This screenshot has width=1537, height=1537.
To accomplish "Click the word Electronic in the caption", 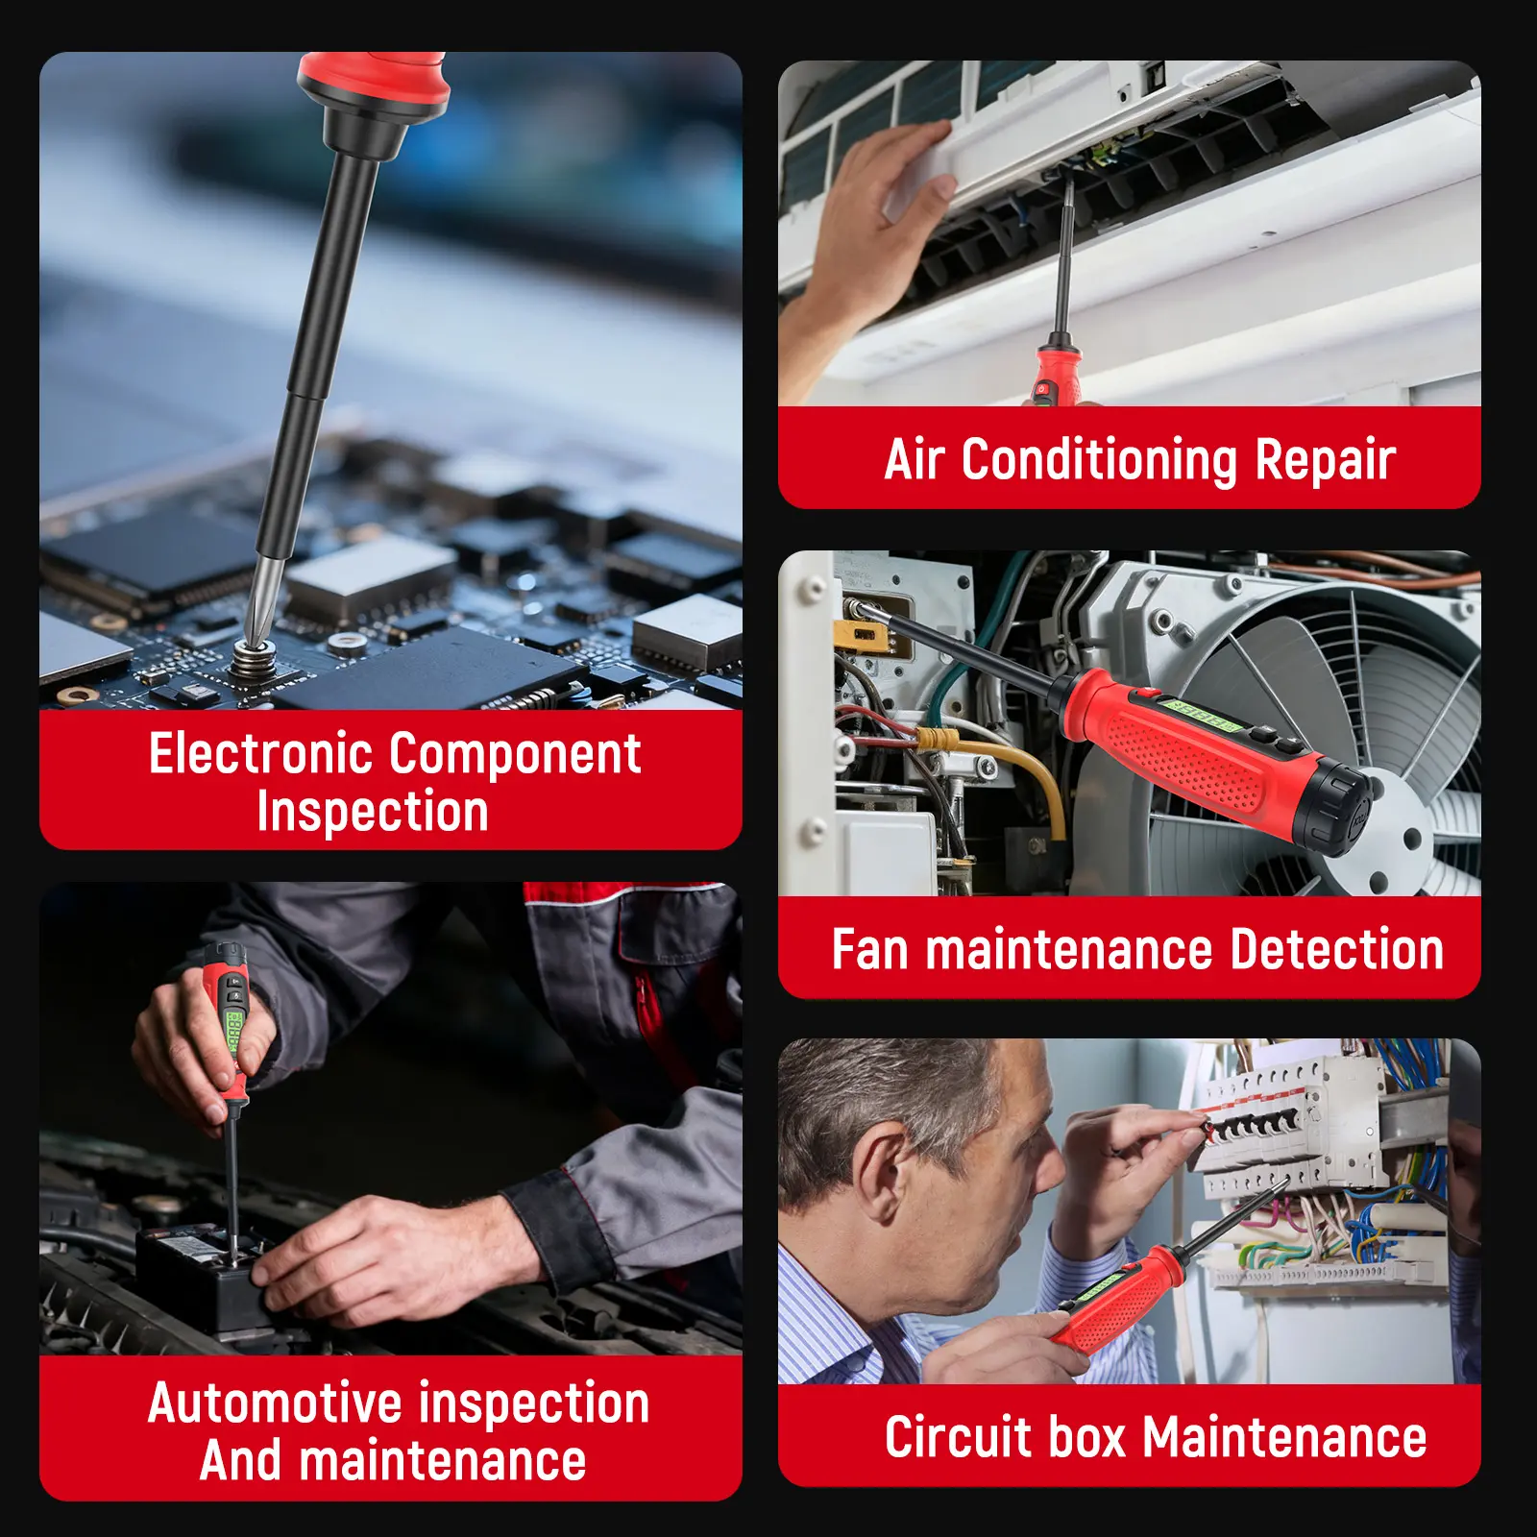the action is [x=261, y=753].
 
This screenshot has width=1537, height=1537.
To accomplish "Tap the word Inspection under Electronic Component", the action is [x=373, y=813].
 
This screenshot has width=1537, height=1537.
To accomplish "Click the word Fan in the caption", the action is [x=869, y=950].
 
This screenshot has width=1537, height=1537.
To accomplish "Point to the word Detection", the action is [x=1336, y=950].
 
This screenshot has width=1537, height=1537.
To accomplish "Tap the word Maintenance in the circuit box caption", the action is [x=1284, y=1438].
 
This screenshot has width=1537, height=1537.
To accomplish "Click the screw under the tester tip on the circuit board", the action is [x=255, y=661].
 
